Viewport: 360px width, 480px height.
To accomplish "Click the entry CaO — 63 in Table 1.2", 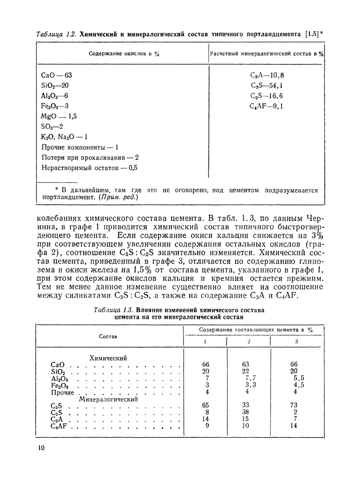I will (x=57, y=75).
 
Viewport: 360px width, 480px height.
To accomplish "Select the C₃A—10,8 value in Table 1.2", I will (x=267, y=75).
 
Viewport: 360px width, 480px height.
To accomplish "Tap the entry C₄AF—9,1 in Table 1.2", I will (x=266, y=106).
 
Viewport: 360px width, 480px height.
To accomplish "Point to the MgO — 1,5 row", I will (x=59, y=116).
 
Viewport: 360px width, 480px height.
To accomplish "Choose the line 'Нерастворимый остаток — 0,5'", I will (x=89, y=168).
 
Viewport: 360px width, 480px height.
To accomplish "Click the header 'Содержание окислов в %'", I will (x=124, y=54).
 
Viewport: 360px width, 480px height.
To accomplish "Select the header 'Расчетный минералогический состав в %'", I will (x=266, y=54).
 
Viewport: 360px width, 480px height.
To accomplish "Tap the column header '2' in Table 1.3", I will (x=249, y=341).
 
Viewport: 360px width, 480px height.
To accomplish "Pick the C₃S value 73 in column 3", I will (x=294, y=405).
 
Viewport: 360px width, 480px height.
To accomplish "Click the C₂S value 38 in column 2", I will (x=246, y=412).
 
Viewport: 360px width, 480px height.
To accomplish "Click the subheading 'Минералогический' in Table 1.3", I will (x=108, y=399).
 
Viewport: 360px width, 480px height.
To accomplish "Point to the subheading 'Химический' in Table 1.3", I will (x=108, y=358).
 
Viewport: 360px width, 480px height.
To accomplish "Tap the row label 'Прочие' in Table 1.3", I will (x=62, y=392).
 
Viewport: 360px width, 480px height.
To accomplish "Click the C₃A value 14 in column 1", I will (x=206, y=419).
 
